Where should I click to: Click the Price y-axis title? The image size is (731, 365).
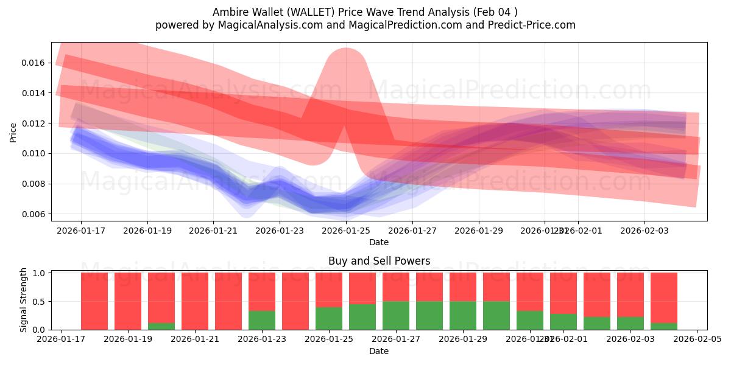click(x=13, y=132)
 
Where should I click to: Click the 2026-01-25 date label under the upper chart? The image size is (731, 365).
click(x=346, y=231)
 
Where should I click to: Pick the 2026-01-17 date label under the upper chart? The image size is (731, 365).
click(x=80, y=231)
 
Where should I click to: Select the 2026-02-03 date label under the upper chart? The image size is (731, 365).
click(x=644, y=231)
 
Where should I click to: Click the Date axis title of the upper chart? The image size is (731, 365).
click(x=379, y=242)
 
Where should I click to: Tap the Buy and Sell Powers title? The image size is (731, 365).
click(x=379, y=261)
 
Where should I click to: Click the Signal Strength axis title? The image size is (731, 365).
click(x=24, y=300)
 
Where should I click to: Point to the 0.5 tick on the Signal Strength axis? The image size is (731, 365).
click(x=39, y=302)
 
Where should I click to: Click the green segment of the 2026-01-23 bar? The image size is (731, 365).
click(x=262, y=320)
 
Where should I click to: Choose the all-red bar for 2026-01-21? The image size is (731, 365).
click(x=195, y=301)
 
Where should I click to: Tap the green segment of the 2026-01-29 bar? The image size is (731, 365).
click(x=463, y=315)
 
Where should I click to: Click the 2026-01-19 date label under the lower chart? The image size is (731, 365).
click(x=128, y=339)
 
